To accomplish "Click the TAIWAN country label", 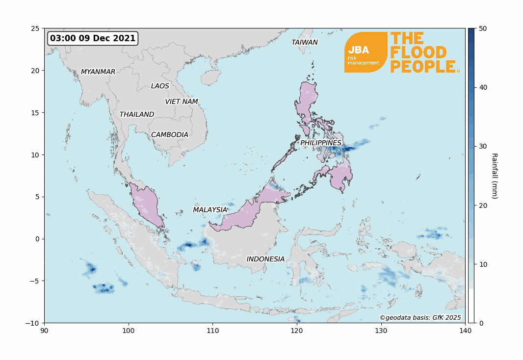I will (305, 42).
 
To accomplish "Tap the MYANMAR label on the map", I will (98, 72).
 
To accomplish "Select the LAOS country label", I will (160, 86).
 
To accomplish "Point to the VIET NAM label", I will (182, 102).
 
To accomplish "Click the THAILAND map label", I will (137, 114).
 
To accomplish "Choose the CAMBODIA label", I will (170, 134).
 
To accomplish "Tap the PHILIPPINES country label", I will (321, 143).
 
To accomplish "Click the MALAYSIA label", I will (210, 210).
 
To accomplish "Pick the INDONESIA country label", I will (265, 259).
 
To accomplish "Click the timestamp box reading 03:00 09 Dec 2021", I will (93, 38).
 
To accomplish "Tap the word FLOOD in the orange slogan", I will (418, 52).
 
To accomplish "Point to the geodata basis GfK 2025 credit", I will (420, 317).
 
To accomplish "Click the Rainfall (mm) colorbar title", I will (494, 176).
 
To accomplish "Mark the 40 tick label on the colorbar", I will (482, 87).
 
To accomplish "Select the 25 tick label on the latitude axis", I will (35, 28).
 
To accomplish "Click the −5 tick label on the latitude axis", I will (33, 281).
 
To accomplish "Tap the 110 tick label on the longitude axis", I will (213, 331).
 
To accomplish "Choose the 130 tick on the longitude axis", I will (381, 331).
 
